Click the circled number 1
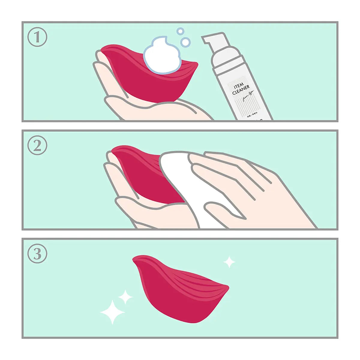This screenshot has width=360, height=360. click(37, 37)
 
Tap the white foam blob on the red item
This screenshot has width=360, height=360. click(162, 55)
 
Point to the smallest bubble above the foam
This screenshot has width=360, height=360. click(180, 31)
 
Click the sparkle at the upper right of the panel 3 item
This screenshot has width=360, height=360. click(229, 262)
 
